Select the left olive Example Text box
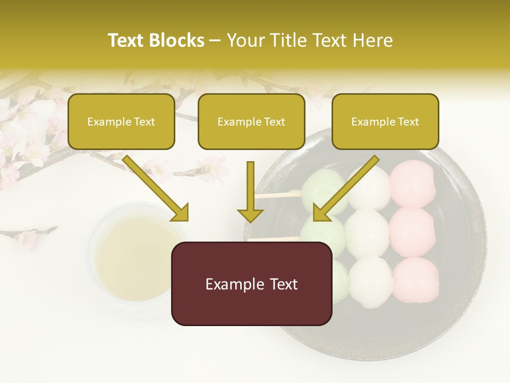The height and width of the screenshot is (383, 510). point(121,122)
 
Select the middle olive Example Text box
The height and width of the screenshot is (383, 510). point(251,122)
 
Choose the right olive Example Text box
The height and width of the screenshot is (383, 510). point(385,122)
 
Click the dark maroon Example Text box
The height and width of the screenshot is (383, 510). point(252,284)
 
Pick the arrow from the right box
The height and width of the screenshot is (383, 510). point(345,188)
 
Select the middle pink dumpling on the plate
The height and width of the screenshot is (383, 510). point(413,229)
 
